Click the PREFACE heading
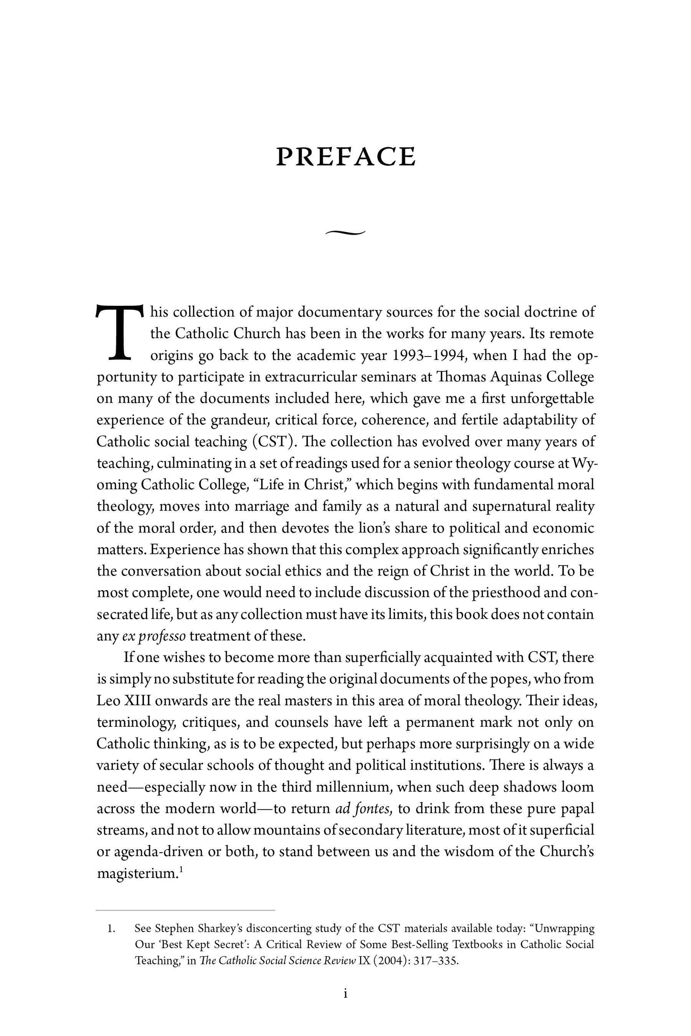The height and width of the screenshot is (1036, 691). [346, 157]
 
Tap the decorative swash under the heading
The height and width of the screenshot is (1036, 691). [345, 232]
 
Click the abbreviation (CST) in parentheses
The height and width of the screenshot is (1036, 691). [273, 441]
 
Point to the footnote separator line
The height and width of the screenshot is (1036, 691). [186, 909]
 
